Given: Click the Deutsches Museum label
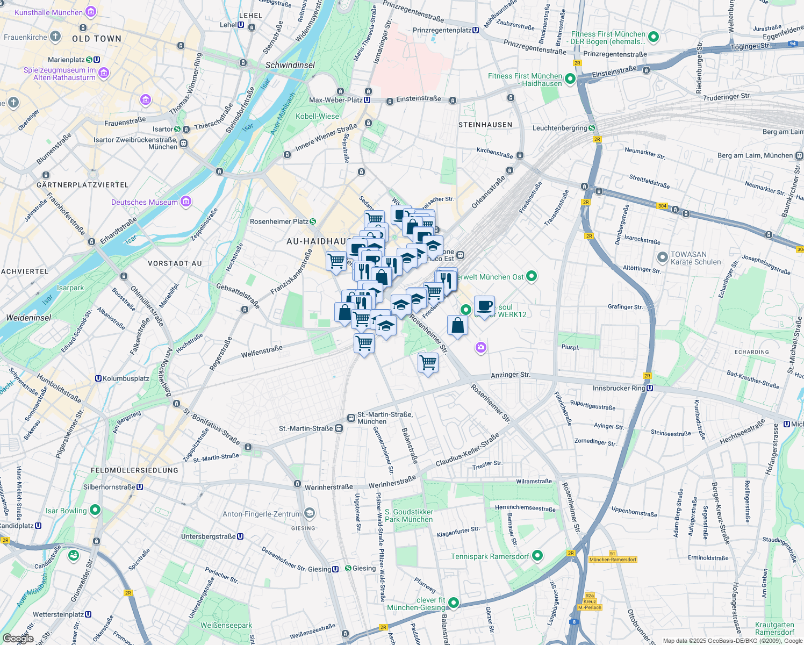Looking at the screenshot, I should pos(144,202).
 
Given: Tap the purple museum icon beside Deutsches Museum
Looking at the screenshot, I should pos(186,202).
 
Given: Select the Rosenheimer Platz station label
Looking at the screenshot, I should pos(278,221).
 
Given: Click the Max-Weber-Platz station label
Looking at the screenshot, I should pos(335,100).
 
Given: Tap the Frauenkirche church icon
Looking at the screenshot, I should pos(55,37).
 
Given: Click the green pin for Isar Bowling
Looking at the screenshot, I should pos(95,510).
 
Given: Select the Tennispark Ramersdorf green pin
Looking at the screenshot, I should pos(537,556).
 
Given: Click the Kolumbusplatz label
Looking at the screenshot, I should pos(126,378).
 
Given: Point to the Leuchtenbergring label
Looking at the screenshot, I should pos(559,128).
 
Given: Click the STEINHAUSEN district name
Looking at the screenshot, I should pos(485,125).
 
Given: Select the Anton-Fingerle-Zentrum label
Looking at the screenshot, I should pos(262,514).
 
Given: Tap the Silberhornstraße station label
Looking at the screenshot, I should pos(109,487).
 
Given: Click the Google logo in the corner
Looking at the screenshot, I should pos(17,639).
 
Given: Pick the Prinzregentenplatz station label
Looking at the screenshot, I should pos(442,30).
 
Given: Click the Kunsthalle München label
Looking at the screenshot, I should pos(48,12).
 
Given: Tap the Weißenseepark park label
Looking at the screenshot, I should pos(226,625).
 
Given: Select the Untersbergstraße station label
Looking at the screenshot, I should pos(209,536).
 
